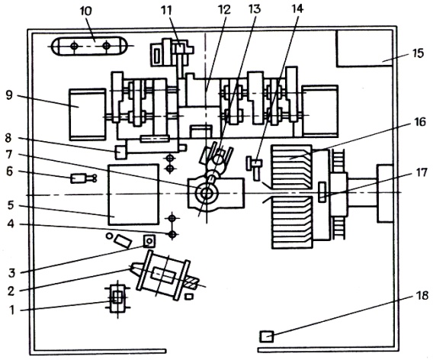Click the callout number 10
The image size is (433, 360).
click(86, 11)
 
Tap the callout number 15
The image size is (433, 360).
click(419, 53)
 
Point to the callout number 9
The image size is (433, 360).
click(9, 95)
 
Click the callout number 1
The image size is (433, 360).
click(12, 310)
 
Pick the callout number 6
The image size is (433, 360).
click(9, 172)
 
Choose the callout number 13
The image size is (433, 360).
click(255, 8)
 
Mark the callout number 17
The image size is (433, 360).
click(422, 173)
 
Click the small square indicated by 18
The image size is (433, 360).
click(267, 336)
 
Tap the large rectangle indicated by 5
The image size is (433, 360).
click(133, 194)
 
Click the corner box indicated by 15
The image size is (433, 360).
click(364, 48)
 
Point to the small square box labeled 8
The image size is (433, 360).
click(121, 152)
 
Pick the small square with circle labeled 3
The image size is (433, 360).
click(149, 241)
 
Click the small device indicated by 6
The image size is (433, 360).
click(83, 178)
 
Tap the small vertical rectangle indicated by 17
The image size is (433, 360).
click(322, 192)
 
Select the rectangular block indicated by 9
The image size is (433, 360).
click(88, 114)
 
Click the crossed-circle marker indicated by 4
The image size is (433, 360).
click(172, 234)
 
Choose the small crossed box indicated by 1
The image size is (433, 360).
click(118, 299)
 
